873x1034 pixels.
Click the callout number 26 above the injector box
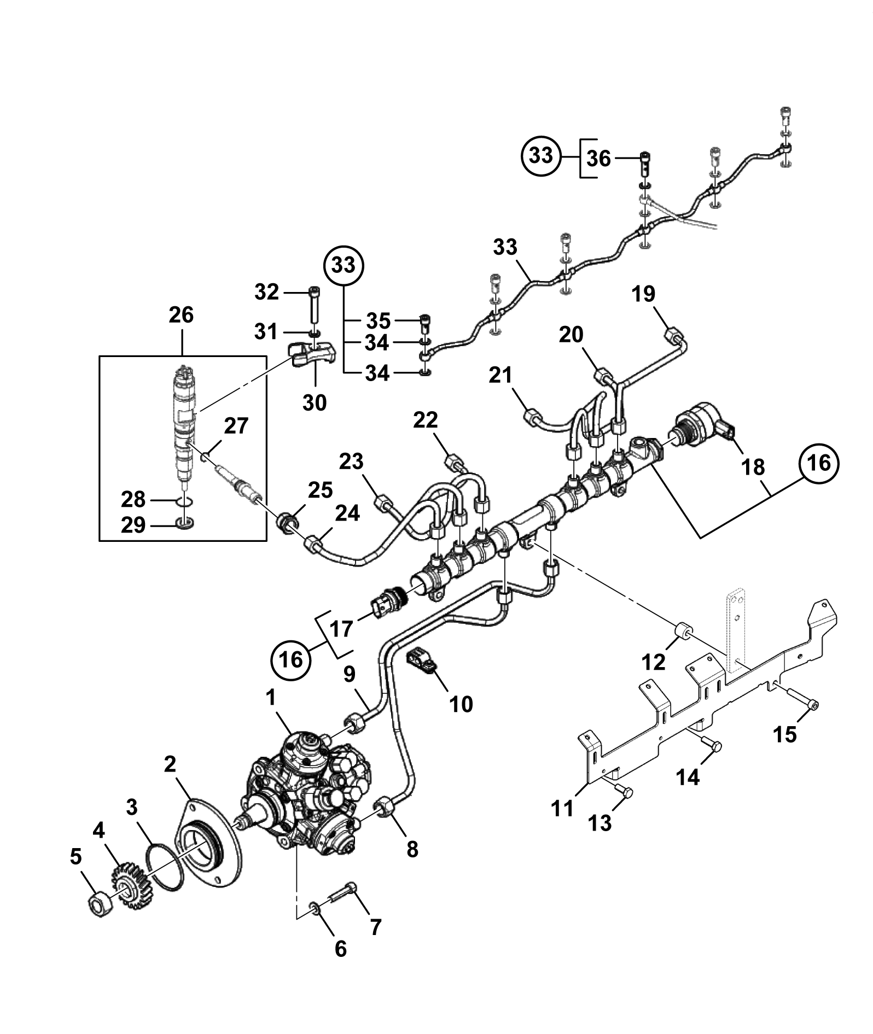pyautogui.click(x=181, y=316)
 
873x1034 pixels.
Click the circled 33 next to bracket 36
pyautogui.click(x=542, y=156)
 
